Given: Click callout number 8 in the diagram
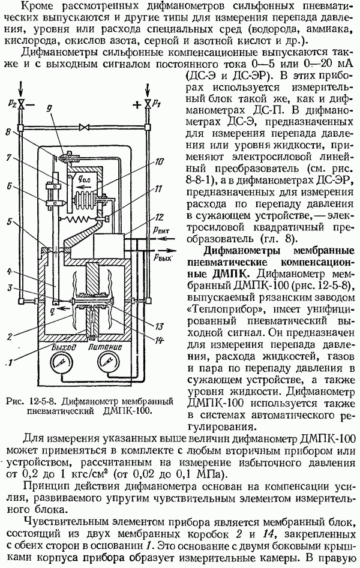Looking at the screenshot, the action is pos(8,132).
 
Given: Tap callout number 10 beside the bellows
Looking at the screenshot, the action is pos(159,163).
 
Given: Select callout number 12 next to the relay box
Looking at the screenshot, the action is pos(159,218).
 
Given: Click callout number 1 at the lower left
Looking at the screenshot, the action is pos(10,361).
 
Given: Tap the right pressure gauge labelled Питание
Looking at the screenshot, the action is pos(107,363).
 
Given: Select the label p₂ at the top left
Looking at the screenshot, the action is pos(11,104).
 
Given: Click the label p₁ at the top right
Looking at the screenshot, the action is pos(157,104).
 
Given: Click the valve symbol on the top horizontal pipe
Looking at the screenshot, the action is pos(85,127).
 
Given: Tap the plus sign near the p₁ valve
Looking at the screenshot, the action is pos(137,105).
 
